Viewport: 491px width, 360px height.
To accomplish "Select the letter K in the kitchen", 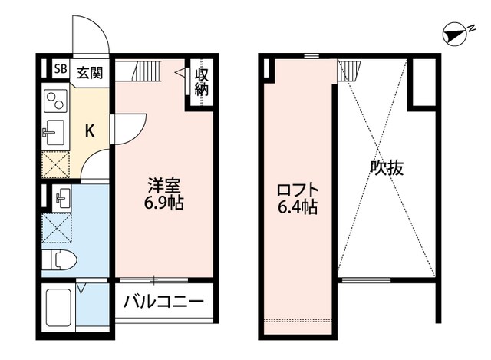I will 90,130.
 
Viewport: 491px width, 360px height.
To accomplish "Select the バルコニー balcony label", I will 163,302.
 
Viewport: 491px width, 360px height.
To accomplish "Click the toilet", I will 59,260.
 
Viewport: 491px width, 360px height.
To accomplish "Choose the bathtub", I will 58,307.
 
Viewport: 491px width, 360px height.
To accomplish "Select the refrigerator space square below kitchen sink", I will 55,165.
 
